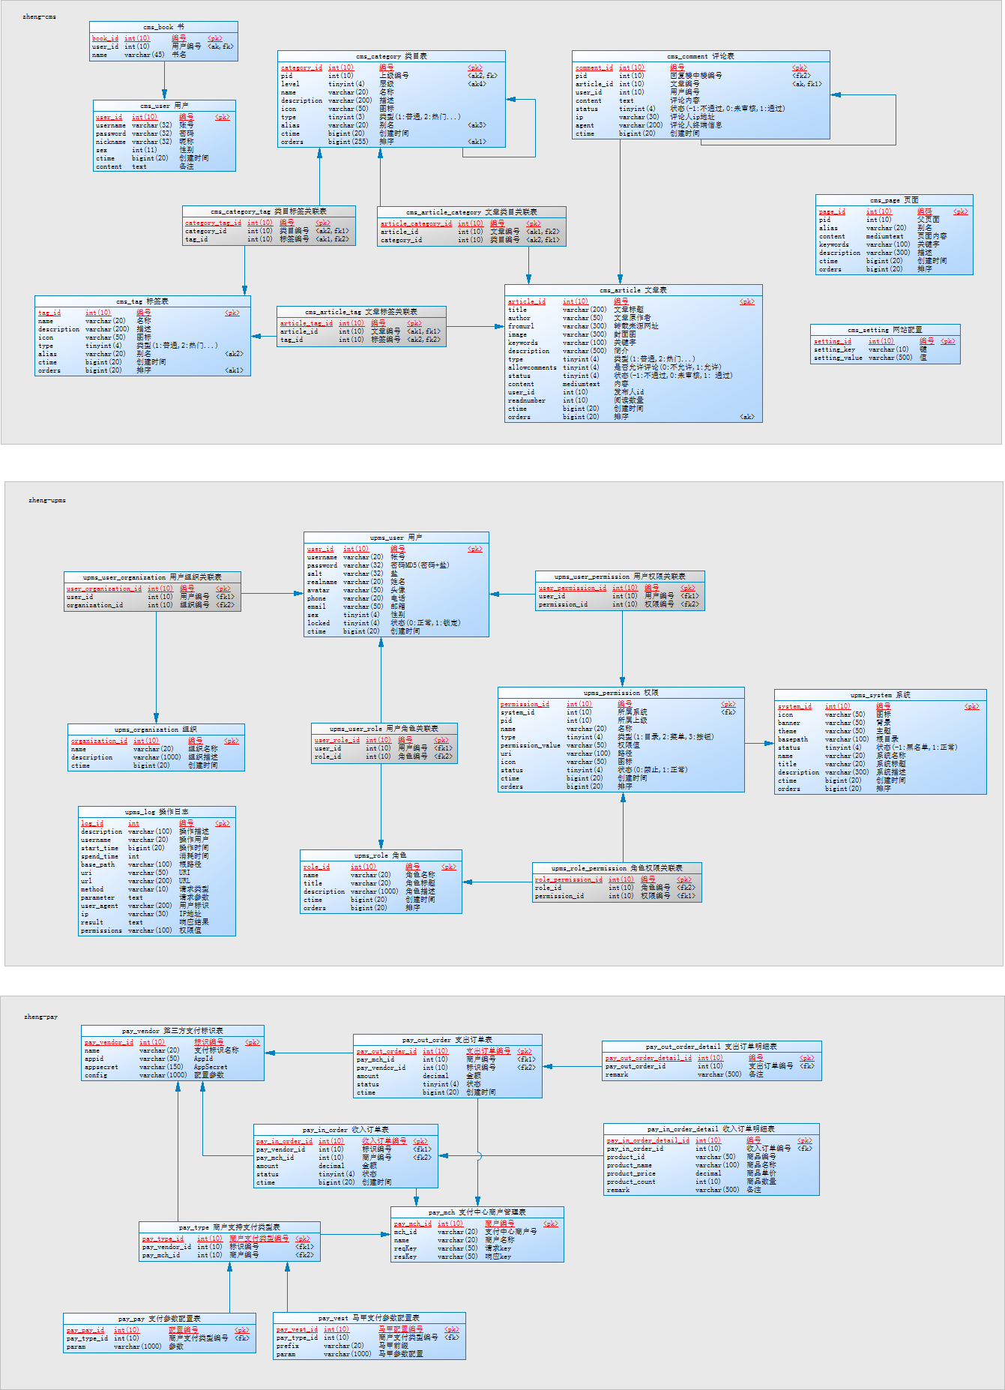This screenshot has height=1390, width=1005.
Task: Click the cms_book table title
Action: [x=163, y=26]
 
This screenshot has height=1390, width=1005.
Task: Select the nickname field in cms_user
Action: [x=111, y=142]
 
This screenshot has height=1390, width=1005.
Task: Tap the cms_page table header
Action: [x=894, y=200]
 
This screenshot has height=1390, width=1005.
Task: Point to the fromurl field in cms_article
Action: [x=521, y=326]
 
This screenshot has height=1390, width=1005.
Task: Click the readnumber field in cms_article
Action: [x=527, y=400]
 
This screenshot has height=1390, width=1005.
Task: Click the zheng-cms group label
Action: [x=39, y=16]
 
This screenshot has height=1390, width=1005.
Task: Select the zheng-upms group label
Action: [x=47, y=500]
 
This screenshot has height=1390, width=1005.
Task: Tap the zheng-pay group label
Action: [x=40, y=1017]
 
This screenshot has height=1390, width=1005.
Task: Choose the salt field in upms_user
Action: [x=315, y=574]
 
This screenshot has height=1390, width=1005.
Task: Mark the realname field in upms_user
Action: [x=322, y=582]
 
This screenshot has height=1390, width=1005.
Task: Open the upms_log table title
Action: [x=157, y=812]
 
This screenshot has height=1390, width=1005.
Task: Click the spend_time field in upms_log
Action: [x=100, y=856]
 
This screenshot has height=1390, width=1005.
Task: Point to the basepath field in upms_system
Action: [x=793, y=739]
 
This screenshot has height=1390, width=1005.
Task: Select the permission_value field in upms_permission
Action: [x=531, y=745]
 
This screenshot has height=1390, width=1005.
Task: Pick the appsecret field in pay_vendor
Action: [x=101, y=1067]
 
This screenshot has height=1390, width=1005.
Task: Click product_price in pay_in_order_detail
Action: [x=631, y=1173]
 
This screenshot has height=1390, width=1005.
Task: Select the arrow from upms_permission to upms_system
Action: [x=759, y=744]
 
